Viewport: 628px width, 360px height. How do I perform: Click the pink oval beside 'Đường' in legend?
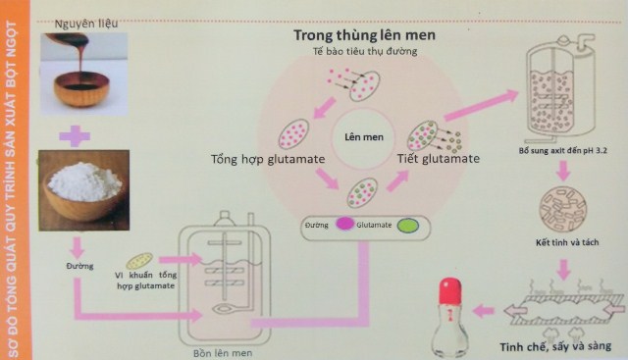click(344, 225)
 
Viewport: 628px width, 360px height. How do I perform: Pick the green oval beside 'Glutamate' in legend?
click(408, 225)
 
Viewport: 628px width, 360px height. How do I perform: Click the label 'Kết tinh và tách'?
click(562, 241)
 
